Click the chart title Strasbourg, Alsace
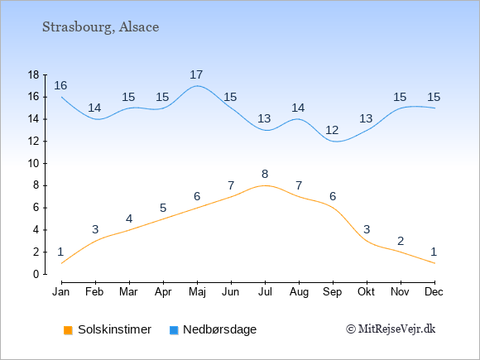point(100,27)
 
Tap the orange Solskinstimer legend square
point(68,330)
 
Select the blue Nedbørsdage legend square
point(174,330)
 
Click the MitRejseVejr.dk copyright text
point(391,329)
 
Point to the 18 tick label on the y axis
point(33,74)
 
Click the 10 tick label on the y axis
point(33,164)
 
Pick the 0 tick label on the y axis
point(36,274)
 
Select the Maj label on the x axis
point(197,292)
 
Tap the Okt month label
point(367,292)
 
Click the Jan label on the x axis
point(61,292)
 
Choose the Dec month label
point(434,292)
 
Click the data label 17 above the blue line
point(196,74)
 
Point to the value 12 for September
point(332,131)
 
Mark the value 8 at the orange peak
point(265,174)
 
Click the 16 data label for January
point(60,86)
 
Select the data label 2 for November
point(401,241)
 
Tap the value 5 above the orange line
point(163,209)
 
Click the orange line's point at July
point(265,185)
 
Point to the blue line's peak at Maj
point(197,86)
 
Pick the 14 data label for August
point(298,108)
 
